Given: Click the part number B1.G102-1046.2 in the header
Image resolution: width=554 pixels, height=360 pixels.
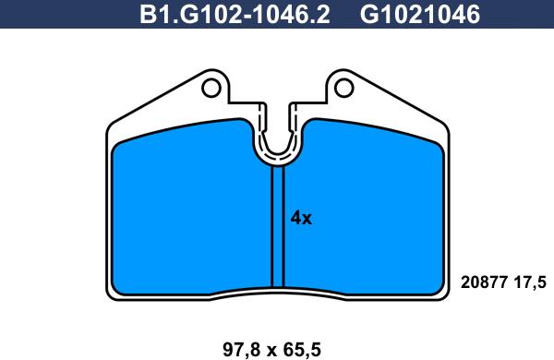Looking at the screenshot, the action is (x=235, y=15).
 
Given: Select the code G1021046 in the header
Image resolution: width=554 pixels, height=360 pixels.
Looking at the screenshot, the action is (x=420, y=15).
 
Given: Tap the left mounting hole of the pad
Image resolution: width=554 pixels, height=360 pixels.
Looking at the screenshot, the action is (x=211, y=88).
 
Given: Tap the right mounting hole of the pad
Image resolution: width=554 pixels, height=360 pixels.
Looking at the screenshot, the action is (x=343, y=88).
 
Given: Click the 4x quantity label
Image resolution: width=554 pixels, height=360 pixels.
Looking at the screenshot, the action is (x=301, y=219).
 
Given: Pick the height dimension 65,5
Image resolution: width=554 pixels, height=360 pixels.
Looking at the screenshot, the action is (x=302, y=350).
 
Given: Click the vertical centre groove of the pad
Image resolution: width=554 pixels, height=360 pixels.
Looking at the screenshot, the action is (x=278, y=226).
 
